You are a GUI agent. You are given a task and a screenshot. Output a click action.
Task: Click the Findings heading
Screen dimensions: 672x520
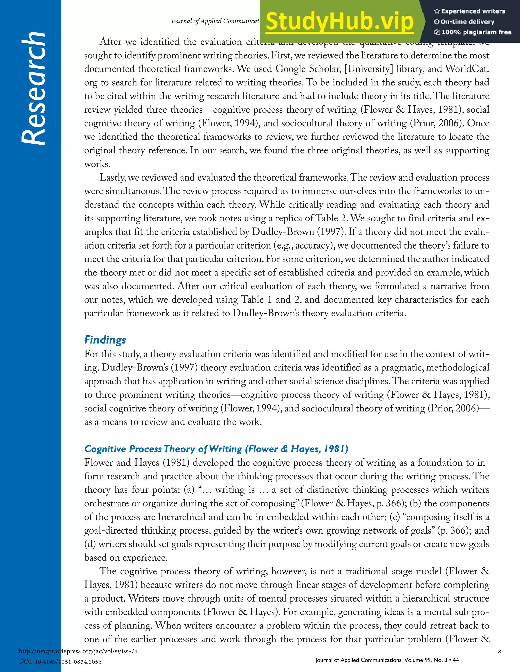[105, 340]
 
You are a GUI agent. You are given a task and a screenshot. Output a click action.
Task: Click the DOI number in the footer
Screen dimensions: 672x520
[68, 662]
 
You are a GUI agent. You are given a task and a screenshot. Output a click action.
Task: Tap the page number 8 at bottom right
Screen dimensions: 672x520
[499, 651]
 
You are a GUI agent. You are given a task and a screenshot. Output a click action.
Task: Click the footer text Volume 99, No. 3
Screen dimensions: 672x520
[422, 660]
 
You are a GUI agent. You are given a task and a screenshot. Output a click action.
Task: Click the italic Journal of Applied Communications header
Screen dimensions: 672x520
[216, 21]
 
